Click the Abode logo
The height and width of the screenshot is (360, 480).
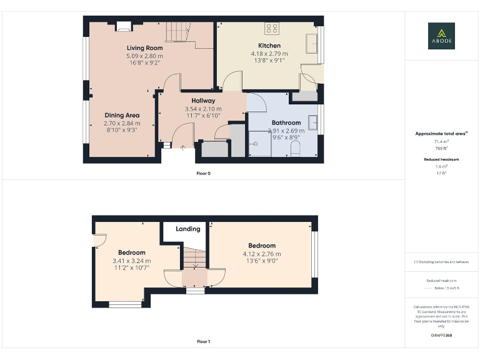(x=441, y=36)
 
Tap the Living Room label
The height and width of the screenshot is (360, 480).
(x=144, y=48)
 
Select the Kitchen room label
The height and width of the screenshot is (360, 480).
(x=269, y=46)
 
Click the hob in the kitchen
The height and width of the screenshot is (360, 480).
(x=272, y=28)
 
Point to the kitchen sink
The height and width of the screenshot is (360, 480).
(x=311, y=44)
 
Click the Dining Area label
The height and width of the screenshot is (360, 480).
(x=122, y=115)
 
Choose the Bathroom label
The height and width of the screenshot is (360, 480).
(x=286, y=122)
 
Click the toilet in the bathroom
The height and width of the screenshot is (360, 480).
(x=296, y=149)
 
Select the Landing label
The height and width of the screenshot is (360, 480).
(x=187, y=229)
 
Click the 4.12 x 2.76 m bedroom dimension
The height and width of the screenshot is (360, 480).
(x=262, y=254)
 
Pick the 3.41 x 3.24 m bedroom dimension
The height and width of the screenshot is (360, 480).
(x=131, y=261)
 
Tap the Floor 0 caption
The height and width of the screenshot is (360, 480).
(x=203, y=173)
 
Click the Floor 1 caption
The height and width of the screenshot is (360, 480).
(x=203, y=342)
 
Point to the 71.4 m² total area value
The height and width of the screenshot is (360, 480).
(x=441, y=142)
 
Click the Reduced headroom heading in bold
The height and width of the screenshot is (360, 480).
(x=441, y=159)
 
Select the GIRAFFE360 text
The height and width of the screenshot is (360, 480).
(x=441, y=336)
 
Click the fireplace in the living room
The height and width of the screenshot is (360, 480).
(x=124, y=26)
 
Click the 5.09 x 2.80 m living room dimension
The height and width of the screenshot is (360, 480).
(x=144, y=56)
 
